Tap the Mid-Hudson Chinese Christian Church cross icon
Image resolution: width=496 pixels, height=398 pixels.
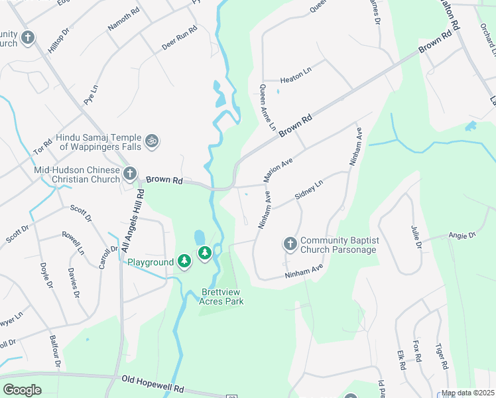130,174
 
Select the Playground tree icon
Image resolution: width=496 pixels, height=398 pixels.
185,263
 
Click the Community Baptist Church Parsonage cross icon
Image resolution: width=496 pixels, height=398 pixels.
290,245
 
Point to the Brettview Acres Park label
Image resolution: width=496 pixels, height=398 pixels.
221,297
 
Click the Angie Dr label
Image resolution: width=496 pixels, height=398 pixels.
462,235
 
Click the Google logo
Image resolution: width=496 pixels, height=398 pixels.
22,390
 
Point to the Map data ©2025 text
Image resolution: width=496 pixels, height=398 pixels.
468,393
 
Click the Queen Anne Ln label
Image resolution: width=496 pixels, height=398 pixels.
267,108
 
